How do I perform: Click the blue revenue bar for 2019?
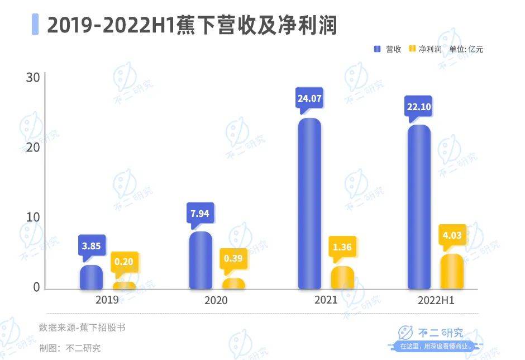(x=91, y=277)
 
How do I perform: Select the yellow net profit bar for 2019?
(x=123, y=286)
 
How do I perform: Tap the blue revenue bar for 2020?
(x=201, y=260)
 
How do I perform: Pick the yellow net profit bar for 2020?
(x=233, y=284)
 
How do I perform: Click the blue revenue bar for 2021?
(x=310, y=204)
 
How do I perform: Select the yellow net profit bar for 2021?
(x=342, y=278)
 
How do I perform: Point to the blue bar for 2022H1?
(x=419, y=207)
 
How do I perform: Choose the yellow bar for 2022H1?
(x=452, y=272)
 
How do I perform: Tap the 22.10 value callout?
(x=419, y=106)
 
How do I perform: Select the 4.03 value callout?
(x=452, y=235)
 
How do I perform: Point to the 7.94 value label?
(x=201, y=213)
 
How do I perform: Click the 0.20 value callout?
(x=124, y=261)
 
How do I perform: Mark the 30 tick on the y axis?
(x=32, y=77)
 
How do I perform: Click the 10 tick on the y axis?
(x=32, y=217)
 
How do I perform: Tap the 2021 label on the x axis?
(x=325, y=301)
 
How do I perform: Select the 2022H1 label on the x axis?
(x=436, y=301)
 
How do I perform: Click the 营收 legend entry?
(x=388, y=49)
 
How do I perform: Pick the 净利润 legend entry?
(x=425, y=49)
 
